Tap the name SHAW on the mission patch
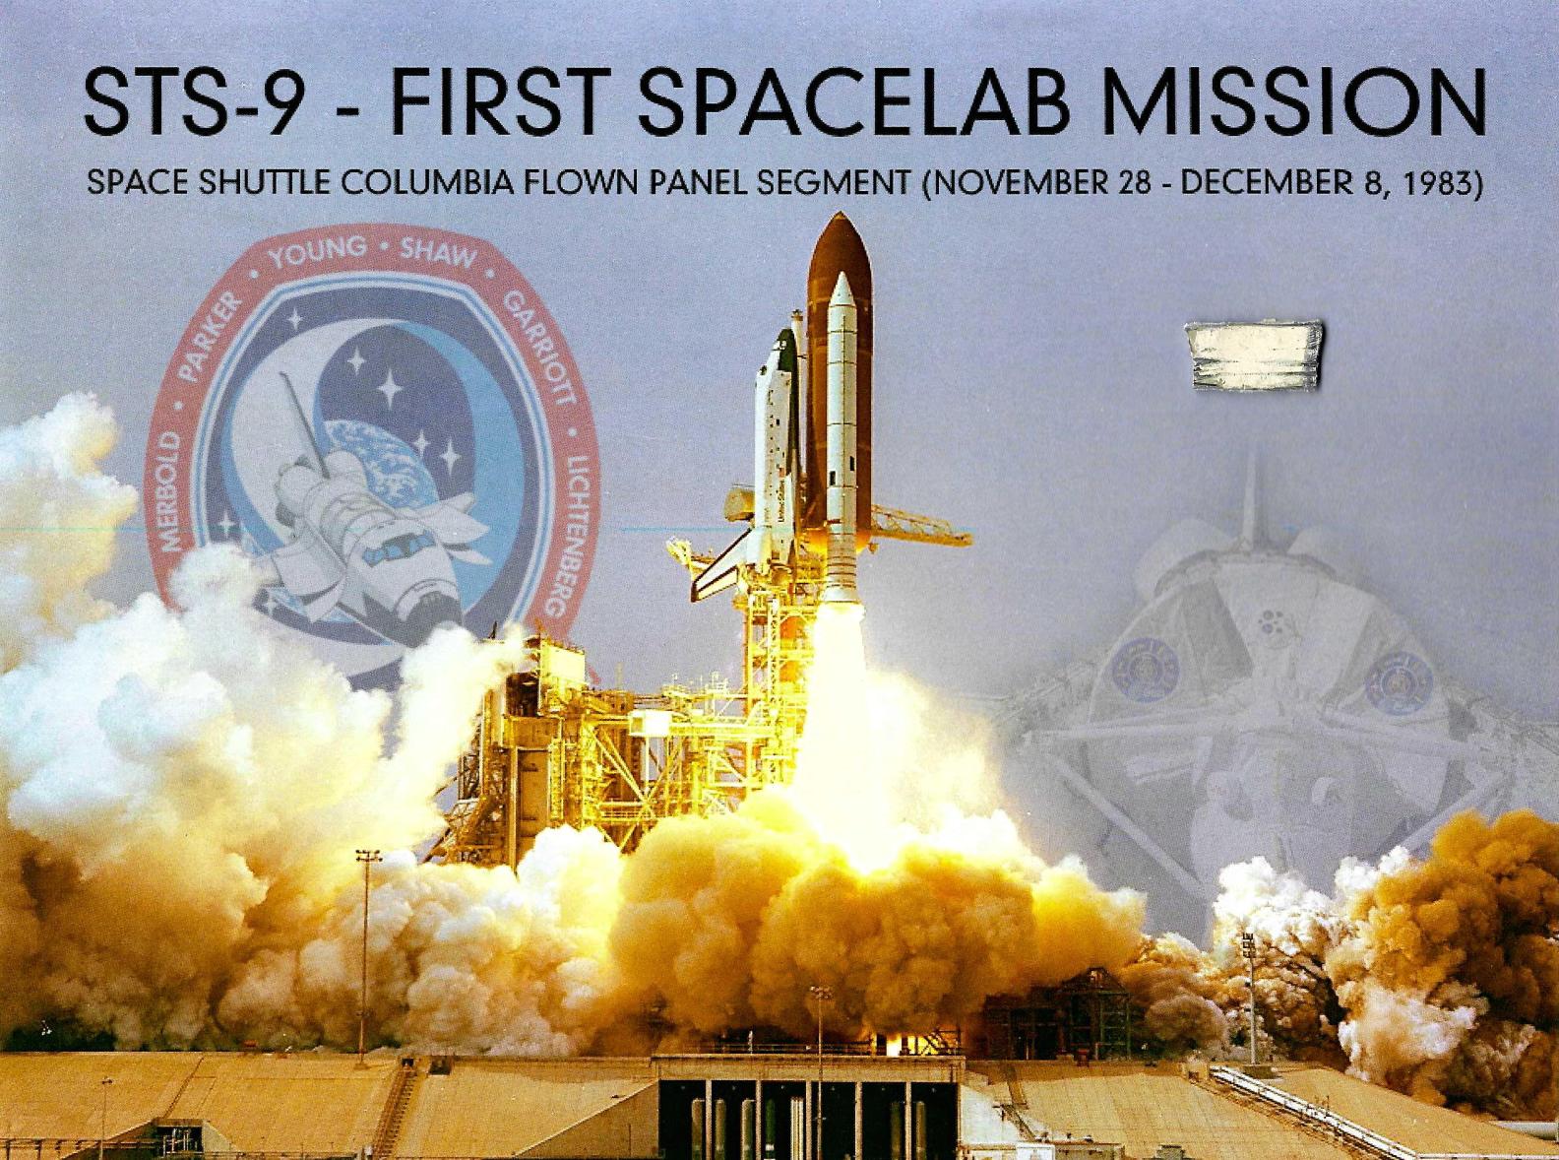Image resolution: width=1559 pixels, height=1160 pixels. point(437,255)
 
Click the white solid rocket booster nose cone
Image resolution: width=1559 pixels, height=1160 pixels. point(842,295)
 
